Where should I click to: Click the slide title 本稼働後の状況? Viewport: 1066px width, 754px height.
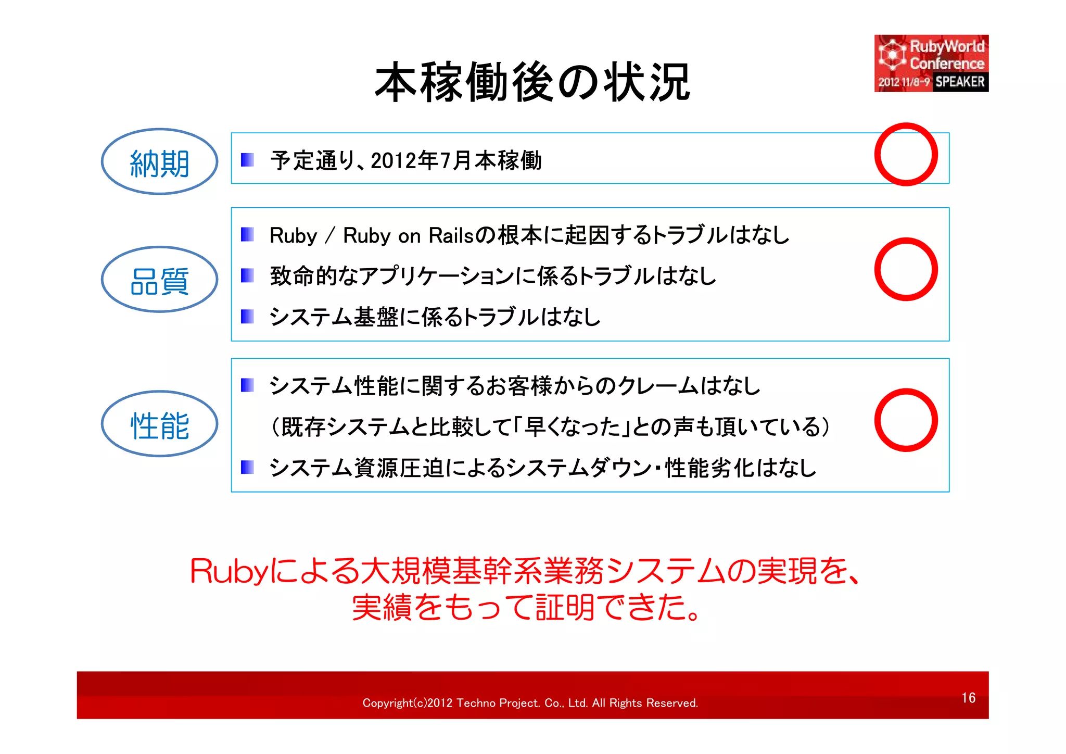coord(532,82)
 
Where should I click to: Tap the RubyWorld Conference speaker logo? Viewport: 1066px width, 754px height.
coord(931,64)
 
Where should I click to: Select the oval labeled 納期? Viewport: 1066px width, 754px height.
coord(159,162)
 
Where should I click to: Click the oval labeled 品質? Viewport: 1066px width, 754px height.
coord(159,280)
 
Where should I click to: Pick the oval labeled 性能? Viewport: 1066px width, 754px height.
coord(159,424)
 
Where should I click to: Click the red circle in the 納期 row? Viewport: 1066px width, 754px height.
coord(906,155)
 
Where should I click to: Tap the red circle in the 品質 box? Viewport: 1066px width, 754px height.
coord(906,269)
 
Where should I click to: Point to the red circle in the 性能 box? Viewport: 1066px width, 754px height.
coord(906,420)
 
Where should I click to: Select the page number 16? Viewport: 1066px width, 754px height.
coord(968,698)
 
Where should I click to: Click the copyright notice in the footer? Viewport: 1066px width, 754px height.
coord(530,703)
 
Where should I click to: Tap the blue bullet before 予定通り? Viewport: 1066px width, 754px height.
coord(247,160)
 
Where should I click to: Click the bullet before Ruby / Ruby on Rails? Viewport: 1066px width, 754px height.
coord(247,235)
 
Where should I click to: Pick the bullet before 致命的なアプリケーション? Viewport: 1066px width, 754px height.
coord(247,275)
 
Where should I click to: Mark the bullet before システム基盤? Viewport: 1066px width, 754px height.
coord(247,316)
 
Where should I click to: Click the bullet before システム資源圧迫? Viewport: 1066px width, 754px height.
coord(247,467)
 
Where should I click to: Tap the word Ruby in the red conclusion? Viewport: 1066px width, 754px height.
coord(229,571)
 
